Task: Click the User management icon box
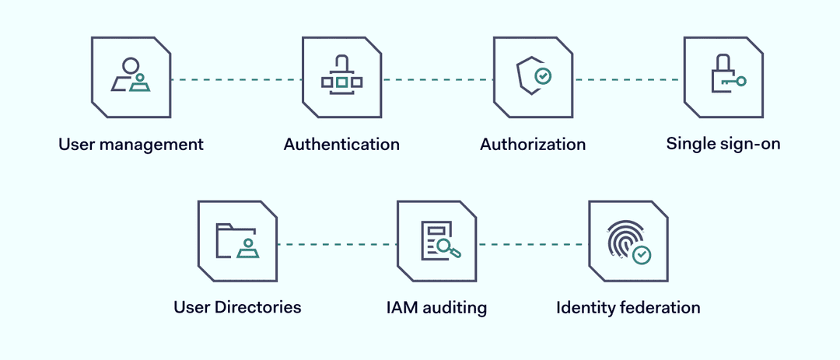pyautogui.click(x=131, y=77)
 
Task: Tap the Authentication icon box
pyautogui.click(x=341, y=77)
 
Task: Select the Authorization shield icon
pyautogui.click(x=534, y=76)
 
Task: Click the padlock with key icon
pyautogui.click(x=726, y=75)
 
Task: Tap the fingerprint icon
pyautogui.click(x=625, y=240)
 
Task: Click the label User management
pyautogui.click(x=131, y=145)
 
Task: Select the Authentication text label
pyautogui.click(x=341, y=145)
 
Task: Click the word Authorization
pyautogui.click(x=533, y=145)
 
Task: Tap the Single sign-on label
pyautogui.click(x=723, y=144)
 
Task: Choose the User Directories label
pyautogui.click(x=237, y=307)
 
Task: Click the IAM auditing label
pyautogui.click(x=436, y=307)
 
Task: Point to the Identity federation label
pyautogui.click(x=628, y=307)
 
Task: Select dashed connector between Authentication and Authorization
pyautogui.click(x=437, y=79)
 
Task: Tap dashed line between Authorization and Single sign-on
pyautogui.click(x=628, y=79)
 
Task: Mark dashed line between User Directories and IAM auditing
pyautogui.click(x=337, y=244)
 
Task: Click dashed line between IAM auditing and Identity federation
pyautogui.click(x=533, y=244)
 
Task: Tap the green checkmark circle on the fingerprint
pyautogui.click(x=642, y=254)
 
